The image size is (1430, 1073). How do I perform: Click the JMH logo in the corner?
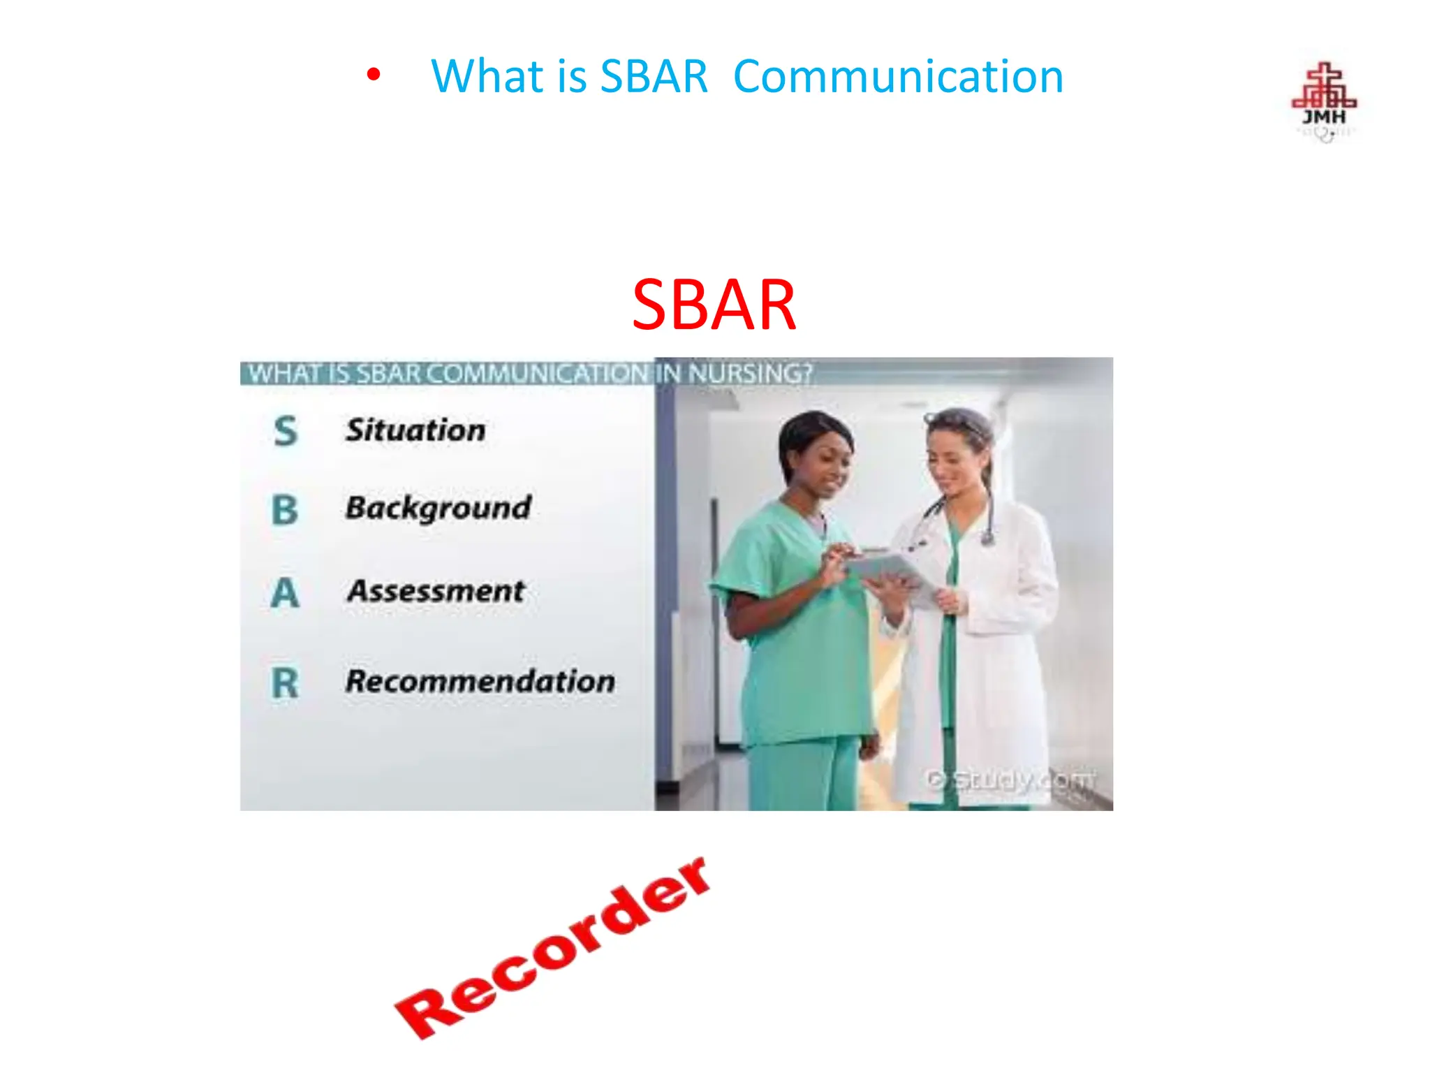click(x=1323, y=101)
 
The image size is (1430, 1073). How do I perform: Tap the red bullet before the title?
click(x=374, y=74)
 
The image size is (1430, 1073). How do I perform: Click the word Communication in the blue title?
click(x=898, y=76)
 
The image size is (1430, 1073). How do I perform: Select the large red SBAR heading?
click(x=714, y=305)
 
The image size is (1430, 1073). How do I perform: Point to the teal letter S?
click(x=286, y=431)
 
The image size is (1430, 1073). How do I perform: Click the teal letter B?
click(x=285, y=510)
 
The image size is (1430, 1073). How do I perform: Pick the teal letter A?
click(x=285, y=594)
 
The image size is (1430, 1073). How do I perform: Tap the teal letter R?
click(x=285, y=683)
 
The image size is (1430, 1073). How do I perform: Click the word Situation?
click(x=415, y=430)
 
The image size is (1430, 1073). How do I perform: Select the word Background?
click(x=438, y=508)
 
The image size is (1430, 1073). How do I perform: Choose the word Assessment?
click(x=436, y=591)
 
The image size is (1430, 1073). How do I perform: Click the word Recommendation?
click(x=480, y=681)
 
